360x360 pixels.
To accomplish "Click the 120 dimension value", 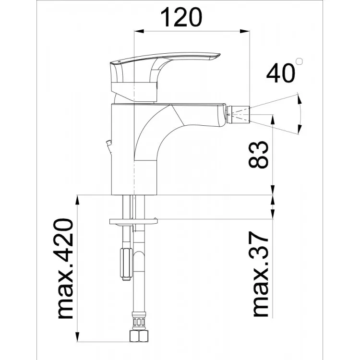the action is pyautogui.click(x=181, y=17).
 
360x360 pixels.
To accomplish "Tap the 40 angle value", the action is pyautogui.click(x=280, y=73).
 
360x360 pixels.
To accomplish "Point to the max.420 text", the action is pyautogui.click(x=65, y=269).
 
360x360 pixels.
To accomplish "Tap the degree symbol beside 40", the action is pyautogui.click(x=299, y=62).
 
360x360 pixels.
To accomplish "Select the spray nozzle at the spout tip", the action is pyautogui.click(x=238, y=114).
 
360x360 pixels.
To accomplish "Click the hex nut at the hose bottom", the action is pyautogui.click(x=138, y=336).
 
